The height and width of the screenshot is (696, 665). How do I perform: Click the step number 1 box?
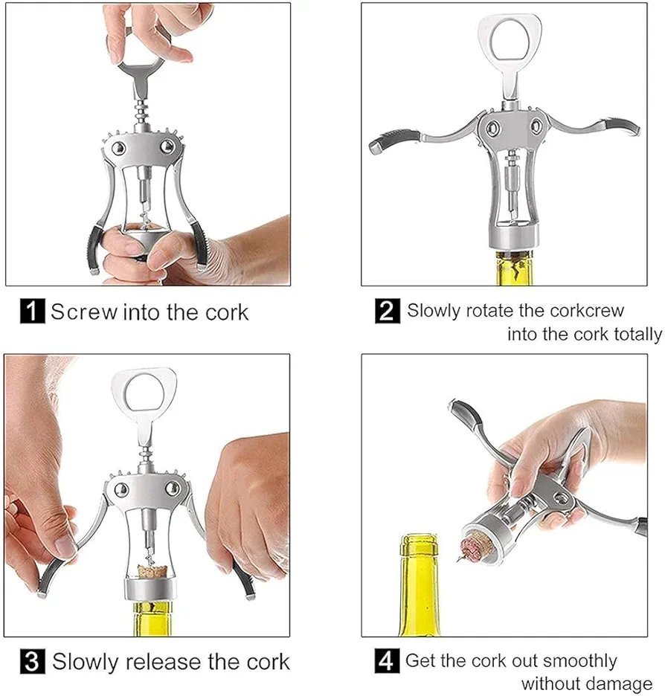pyautogui.click(x=32, y=311)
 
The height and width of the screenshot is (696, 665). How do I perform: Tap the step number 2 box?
pyautogui.click(x=387, y=311)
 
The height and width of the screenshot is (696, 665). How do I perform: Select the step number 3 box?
pyautogui.click(x=33, y=661)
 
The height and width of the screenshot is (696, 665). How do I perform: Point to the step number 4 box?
pyautogui.click(x=386, y=660)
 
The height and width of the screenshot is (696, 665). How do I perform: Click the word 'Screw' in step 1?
pyautogui.click(x=83, y=312)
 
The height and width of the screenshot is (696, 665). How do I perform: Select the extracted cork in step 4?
pyautogui.click(x=475, y=547)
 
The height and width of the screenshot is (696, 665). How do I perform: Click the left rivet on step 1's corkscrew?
pyautogui.click(x=118, y=148)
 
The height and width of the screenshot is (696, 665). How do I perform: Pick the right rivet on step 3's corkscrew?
pyautogui.click(x=172, y=489)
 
